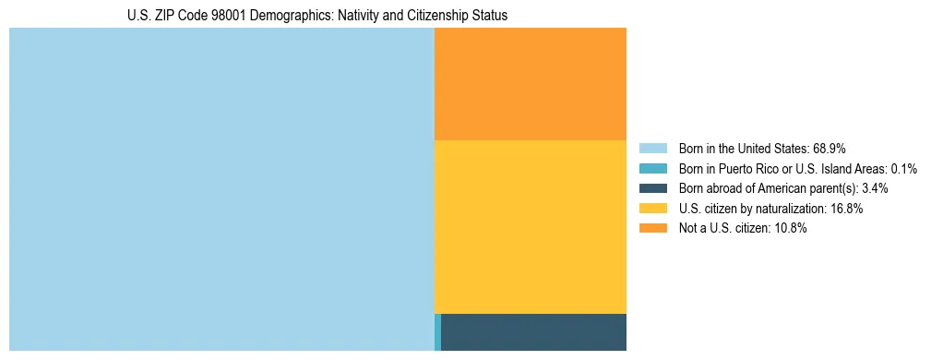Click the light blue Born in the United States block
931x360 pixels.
(221, 189)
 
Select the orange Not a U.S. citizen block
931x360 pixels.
(530, 84)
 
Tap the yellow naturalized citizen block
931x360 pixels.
(530, 227)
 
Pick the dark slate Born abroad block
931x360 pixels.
(533, 332)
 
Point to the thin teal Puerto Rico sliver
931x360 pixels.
(437, 332)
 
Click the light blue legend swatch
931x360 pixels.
(652, 148)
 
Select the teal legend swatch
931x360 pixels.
(652, 168)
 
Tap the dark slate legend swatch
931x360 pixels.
(652, 188)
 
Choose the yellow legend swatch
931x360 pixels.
(652, 209)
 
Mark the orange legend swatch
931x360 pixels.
(652, 229)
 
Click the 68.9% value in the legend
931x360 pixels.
(829, 148)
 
